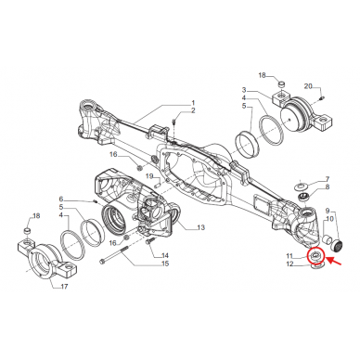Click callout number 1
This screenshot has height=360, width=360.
tap(193, 102)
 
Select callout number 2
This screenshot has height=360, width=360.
tap(193, 111)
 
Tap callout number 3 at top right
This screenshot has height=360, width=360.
tap(244, 89)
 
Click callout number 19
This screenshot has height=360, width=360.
tap(148, 175)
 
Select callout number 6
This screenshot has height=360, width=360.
tap(62, 199)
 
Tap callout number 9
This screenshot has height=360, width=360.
tap(326, 212)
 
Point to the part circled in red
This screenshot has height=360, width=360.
tap(316, 255)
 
